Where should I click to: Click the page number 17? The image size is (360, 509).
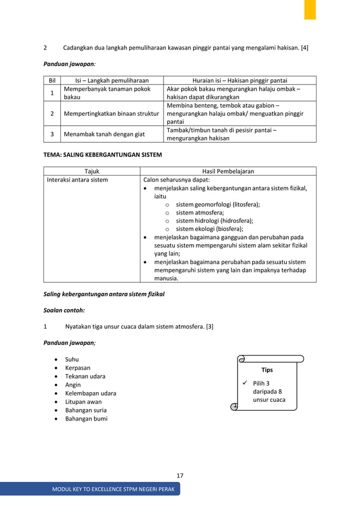point(180,476)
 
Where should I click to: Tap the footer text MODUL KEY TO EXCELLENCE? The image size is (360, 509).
point(113,489)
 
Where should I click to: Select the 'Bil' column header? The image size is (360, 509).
point(52,80)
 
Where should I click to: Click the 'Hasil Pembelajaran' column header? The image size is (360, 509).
point(227,171)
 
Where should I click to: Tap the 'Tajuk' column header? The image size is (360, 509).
point(91,171)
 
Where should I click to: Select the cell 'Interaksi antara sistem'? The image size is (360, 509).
point(77,180)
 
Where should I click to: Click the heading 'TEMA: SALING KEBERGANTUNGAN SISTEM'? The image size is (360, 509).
point(103,154)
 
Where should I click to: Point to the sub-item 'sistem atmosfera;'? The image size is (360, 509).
point(200,213)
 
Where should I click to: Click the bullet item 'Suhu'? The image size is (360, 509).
point(72,359)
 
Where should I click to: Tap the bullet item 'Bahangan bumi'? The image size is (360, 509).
point(86,419)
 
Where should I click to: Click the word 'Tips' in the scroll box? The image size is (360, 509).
point(267,370)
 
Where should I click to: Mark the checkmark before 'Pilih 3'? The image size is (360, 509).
point(245,384)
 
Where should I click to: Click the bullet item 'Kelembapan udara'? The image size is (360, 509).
point(90,393)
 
